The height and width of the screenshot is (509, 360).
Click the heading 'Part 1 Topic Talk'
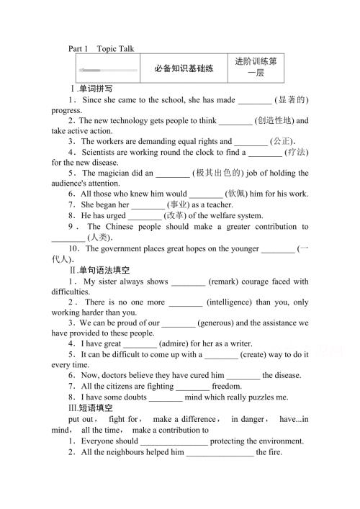101,49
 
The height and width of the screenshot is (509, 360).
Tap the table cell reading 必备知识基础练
184,69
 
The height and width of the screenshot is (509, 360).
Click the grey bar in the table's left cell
108,70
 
